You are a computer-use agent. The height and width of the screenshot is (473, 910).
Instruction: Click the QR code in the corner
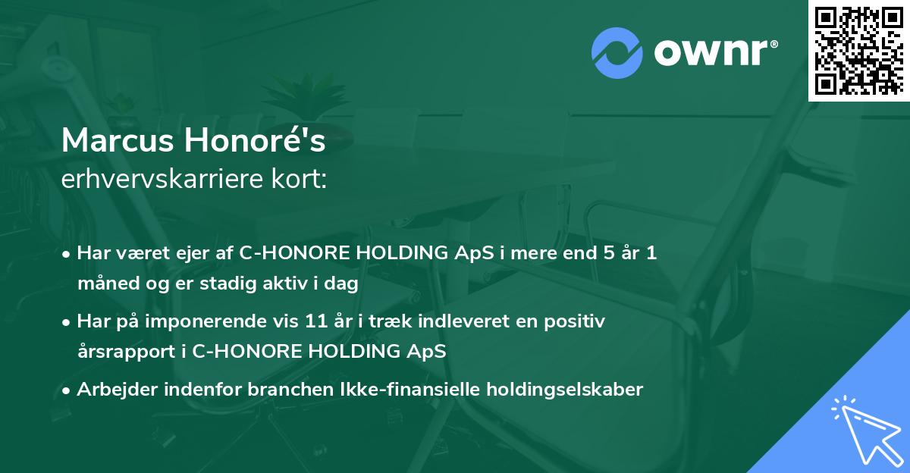click(858, 50)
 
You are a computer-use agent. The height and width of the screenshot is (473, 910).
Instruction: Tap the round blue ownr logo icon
click(617, 52)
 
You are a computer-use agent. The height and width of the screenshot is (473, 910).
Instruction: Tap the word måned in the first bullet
click(103, 284)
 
